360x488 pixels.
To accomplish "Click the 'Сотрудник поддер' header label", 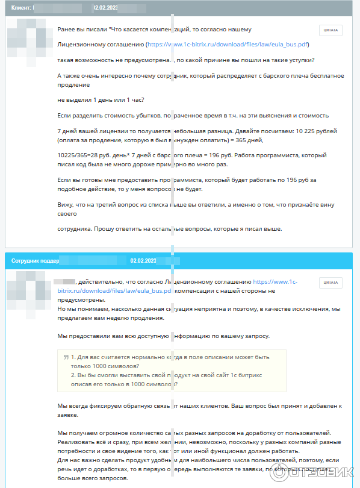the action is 35,260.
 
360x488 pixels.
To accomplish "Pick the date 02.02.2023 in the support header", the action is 143,260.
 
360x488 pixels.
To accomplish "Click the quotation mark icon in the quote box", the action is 66,357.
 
